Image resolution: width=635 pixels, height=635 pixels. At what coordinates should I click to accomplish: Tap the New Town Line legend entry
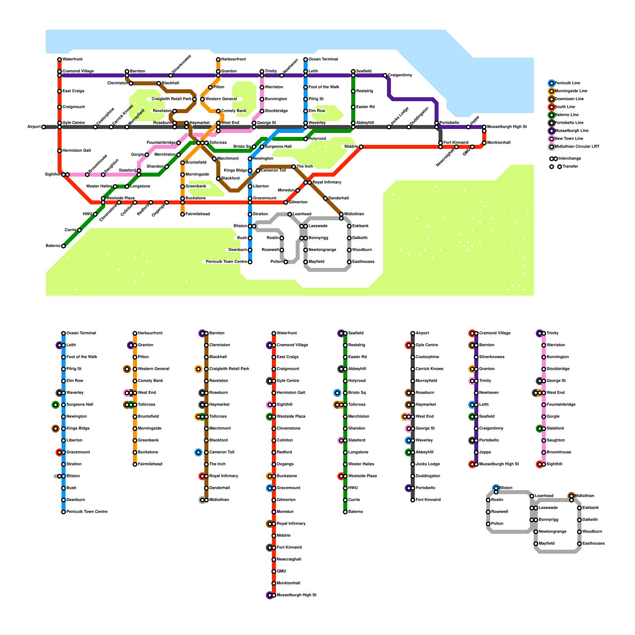click(569, 139)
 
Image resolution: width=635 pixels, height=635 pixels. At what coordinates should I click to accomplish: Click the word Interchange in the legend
click(570, 159)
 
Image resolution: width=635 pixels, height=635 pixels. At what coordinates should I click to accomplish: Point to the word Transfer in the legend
click(570, 167)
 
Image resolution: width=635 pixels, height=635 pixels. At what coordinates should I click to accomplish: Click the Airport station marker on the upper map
click(44, 127)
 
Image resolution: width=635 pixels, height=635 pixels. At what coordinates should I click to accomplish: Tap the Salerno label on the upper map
click(53, 246)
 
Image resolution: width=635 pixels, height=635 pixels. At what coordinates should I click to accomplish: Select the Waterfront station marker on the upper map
click(60, 60)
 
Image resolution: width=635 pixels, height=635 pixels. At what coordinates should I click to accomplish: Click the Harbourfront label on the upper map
click(233, 60)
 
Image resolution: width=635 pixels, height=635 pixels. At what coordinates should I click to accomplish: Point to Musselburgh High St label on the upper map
click(507, 127)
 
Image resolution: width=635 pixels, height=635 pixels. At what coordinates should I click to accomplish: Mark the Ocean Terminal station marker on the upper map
click(306, 60)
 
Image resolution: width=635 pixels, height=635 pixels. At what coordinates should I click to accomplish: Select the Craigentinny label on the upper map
click(400, 75)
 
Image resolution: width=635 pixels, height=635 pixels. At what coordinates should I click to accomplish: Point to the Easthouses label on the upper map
click(363, 262)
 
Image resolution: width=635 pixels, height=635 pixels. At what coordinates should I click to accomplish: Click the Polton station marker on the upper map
click(286, 262)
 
